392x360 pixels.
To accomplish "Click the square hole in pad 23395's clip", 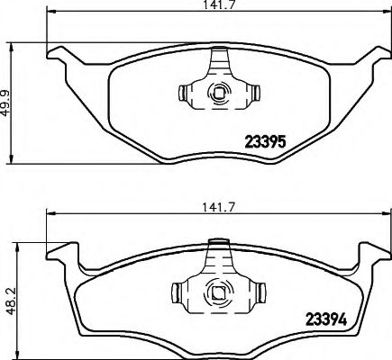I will point(217,93).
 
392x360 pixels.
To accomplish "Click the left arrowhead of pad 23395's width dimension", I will point(48,16).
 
